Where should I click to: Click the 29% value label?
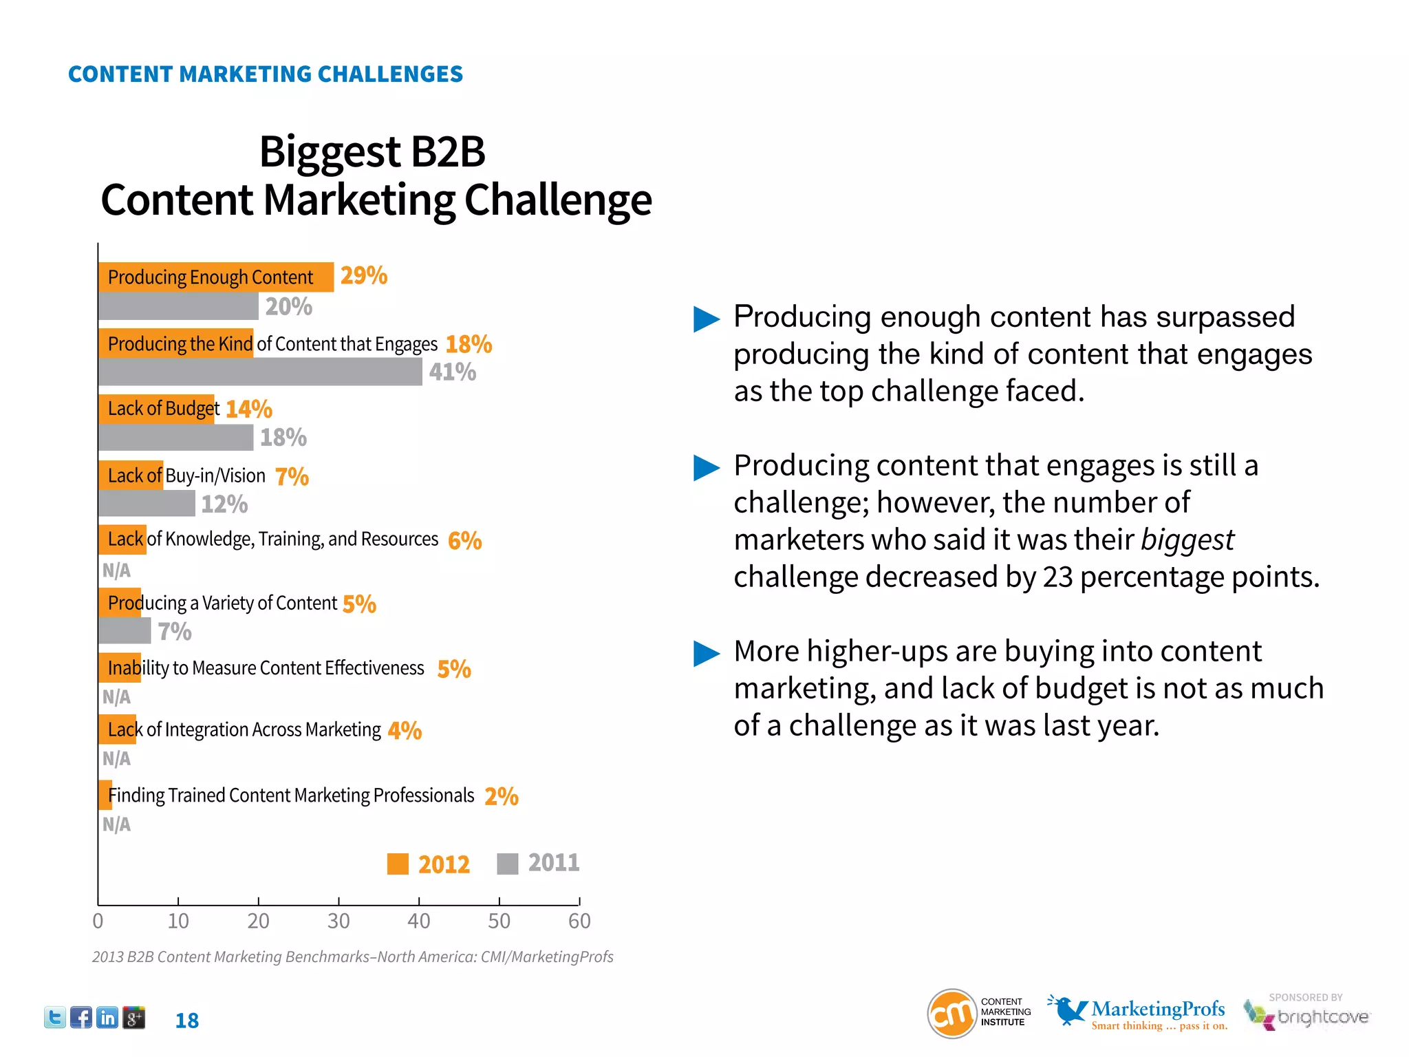[363, 276]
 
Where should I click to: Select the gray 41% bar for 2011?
[260, 372]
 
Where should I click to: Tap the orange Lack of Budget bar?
[156, 409]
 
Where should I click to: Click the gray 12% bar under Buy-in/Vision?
[147, 504]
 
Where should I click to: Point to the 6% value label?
[464, 541]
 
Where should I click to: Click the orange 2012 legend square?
[398, 864]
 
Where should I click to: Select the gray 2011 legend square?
[507, 864]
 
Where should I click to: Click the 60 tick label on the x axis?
[579, 921]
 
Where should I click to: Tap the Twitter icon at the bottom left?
[55, 1018]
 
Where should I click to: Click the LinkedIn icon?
[107, 1018]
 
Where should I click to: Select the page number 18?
[186, 1021]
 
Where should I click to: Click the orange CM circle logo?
[952, 1014]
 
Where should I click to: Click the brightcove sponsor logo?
[1307, 1016]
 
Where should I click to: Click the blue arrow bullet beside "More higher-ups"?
[706, 653]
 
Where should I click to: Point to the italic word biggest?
[1187, 540]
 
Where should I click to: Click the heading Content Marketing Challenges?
[266, 74]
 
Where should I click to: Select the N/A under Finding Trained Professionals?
[116, 824]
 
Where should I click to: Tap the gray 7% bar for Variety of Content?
[125, 631]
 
